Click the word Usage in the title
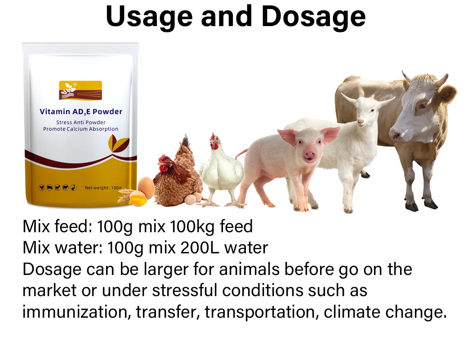click(x=148, y=17)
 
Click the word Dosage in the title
click(x=313, y=17)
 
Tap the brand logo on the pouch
click(x=80, y=90)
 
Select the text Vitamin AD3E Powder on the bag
click(x=81, y=112)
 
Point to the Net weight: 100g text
click(x=103, y=188)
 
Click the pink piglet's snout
click(x=309, y=156)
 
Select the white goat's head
click(x=364, y=110)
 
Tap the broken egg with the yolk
click(x=138, y=198)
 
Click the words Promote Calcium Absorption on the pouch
click(x=81, y=129)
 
